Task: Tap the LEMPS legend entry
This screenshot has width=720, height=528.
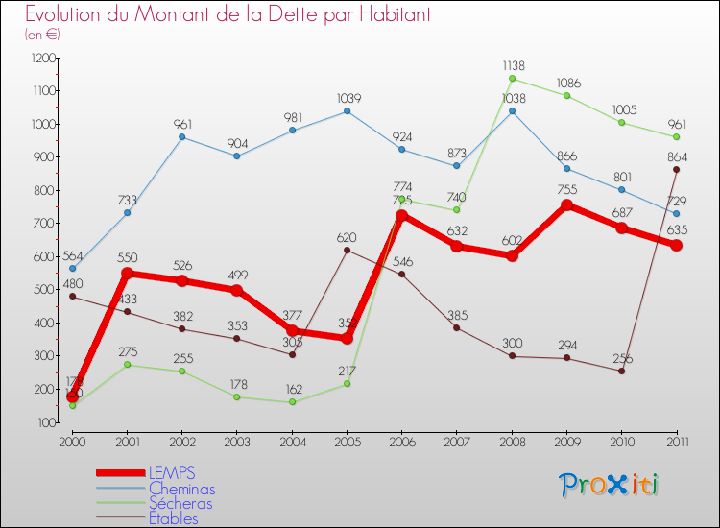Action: click(x=173, y=473)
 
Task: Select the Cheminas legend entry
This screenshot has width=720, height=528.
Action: click(x=181, y=489)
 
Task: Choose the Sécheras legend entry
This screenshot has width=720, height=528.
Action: click(x=180, y=504)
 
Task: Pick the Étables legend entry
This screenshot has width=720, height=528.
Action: click(x=173, y=519)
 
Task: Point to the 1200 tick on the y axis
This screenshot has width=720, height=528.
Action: click(x=43, y=58)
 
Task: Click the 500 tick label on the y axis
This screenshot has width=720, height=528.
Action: click(x=43, y=290)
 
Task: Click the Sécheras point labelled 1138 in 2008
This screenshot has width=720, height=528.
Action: click(x=512, y=79)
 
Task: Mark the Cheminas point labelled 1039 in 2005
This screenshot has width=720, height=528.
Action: click(x=347, y=111)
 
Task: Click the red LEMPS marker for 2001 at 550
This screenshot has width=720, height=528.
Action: click(x=127, y=273)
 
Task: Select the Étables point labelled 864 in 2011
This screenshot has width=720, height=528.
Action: click(x=676, y=169)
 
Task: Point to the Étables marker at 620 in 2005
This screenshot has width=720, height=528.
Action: click(x=347, y=250)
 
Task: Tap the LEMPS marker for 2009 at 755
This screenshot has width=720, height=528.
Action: click(x=566, y=205)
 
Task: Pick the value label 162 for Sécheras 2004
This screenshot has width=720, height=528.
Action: click(x=293, y=390)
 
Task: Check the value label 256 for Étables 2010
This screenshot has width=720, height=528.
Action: click(x=621, y=359)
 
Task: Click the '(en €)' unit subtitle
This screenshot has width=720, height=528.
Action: click(x=42, y=35)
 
